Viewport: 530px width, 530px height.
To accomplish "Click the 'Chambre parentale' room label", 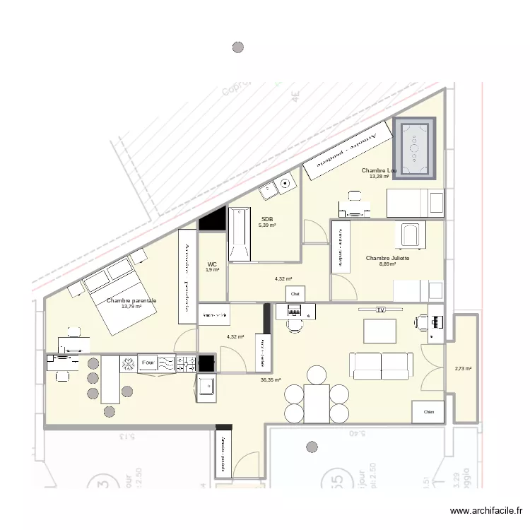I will pyautogui.click(x=131, y=301).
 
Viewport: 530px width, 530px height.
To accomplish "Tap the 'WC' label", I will pyautogui.click(x=212, y=264).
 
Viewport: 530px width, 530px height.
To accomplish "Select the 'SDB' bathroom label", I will pyautogui.click(x=267, y=219).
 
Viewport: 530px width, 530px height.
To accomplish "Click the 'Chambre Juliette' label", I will pyautogui.click(x=387, y=259).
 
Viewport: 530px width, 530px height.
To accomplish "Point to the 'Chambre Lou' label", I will pyautogui.click(x=379, y=171).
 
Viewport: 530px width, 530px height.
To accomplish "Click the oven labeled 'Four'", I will pyautogui.click(x=148, y=363).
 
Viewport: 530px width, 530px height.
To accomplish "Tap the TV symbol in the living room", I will pyautogui.click(x=380, y=310).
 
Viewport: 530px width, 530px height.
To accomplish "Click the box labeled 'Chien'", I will pyautogui.click(x=428, y=411).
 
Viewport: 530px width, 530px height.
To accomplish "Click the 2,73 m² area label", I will pyautogui.click(x=463, y=368).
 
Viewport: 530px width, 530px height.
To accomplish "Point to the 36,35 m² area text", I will pyautogui.click(x=270, y=379).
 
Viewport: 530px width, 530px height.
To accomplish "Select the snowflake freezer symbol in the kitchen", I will pyautogui.click(x=128, y=363).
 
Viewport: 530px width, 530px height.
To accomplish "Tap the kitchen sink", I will pyautogui.click(x=206, y=387).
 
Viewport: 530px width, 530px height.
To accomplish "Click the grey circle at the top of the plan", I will pyautogui.click(x=238, y=47).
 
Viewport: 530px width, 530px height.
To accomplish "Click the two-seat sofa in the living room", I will pyautogui.click(x=381, y=365).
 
